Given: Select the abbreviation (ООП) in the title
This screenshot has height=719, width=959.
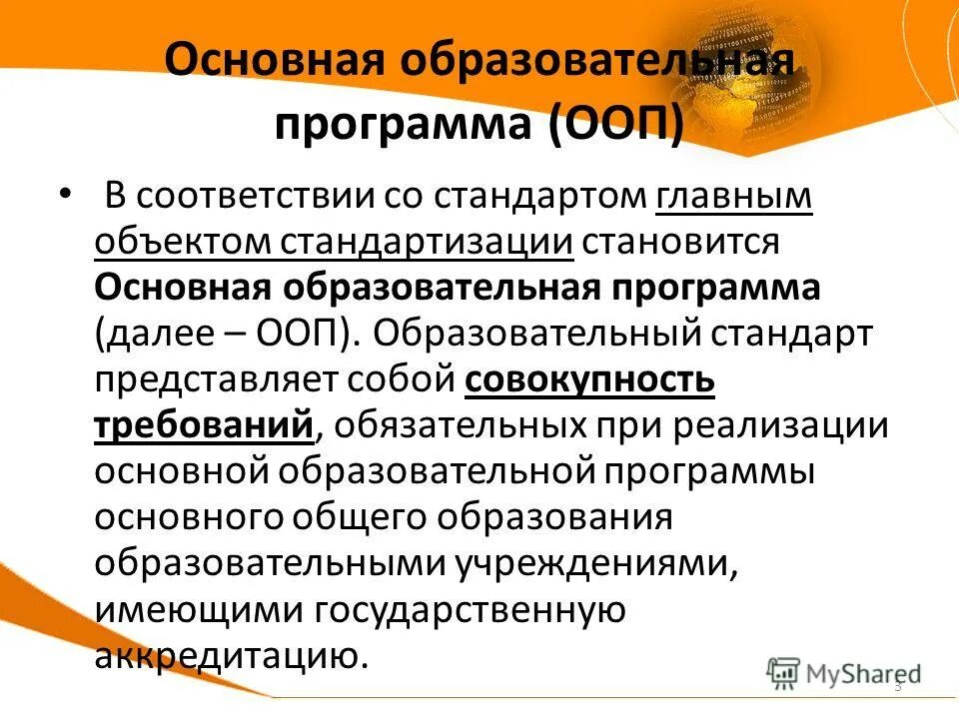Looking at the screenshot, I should (615, 126).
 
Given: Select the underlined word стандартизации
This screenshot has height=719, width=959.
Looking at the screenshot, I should (427, 243).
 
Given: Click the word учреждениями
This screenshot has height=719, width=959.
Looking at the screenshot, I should (593, 563).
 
